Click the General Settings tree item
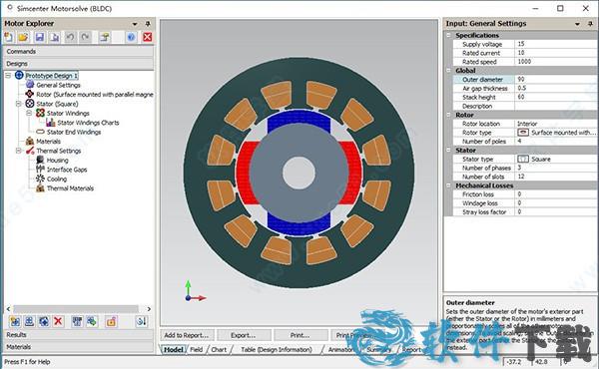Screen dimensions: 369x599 pyautogui.click(x=58, y=85)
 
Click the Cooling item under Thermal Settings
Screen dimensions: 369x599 pyautogui.click(x=58, y=179)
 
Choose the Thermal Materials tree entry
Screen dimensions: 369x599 pyautogui.click(x=70, y=188)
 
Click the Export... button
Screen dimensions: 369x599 pyautogui.click(x=244, y=336)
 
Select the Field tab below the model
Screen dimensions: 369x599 pyautogui.click(x=197, y=350)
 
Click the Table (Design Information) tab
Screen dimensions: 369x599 pyautogui.click(x=276, y=350)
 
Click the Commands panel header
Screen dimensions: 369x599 pyautogui.click(x=22, y=50)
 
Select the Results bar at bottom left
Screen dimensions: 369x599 pyautogui.click(x=17, y=335)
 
